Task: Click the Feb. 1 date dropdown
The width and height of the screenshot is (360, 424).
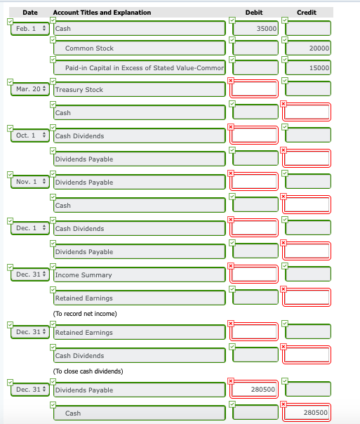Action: click(29, 29)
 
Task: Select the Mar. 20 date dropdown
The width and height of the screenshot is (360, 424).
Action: click(29, 90)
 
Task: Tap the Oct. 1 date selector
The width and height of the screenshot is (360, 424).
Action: click(29, 135)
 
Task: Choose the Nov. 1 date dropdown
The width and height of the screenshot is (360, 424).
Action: click(29, 183)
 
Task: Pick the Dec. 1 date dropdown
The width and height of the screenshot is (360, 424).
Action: click(29, 228)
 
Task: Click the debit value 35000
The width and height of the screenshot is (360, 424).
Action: click(255, 29)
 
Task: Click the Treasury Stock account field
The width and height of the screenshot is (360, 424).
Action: click(139, 90)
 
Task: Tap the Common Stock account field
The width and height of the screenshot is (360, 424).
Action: click(139, 48)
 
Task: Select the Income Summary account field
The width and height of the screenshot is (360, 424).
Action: click(139, 275)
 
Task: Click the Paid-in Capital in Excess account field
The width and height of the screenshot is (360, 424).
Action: click(139, 67)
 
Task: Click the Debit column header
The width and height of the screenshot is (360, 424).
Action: click(254, 13)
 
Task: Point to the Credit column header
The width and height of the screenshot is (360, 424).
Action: click(307, 13)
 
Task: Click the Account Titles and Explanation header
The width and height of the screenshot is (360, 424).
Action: click(102, 13)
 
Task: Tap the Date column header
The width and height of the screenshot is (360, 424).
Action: click(29, 13)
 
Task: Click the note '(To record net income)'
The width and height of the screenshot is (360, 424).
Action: click(86, 313)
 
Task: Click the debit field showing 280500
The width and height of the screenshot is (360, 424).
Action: click(255, 389)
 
